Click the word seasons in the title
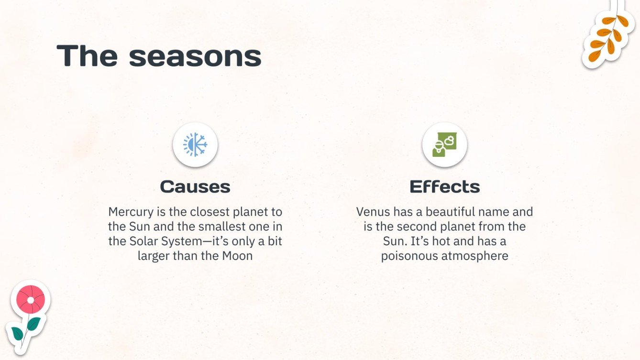(x=195, y=56)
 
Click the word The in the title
(x=87, y=56)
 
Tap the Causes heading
(x=195, y=186)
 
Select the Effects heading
(x=444, y=186)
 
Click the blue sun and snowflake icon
(x=195, y=144)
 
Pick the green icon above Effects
(x=444, y=144)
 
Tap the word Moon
(x=237, y=256)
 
